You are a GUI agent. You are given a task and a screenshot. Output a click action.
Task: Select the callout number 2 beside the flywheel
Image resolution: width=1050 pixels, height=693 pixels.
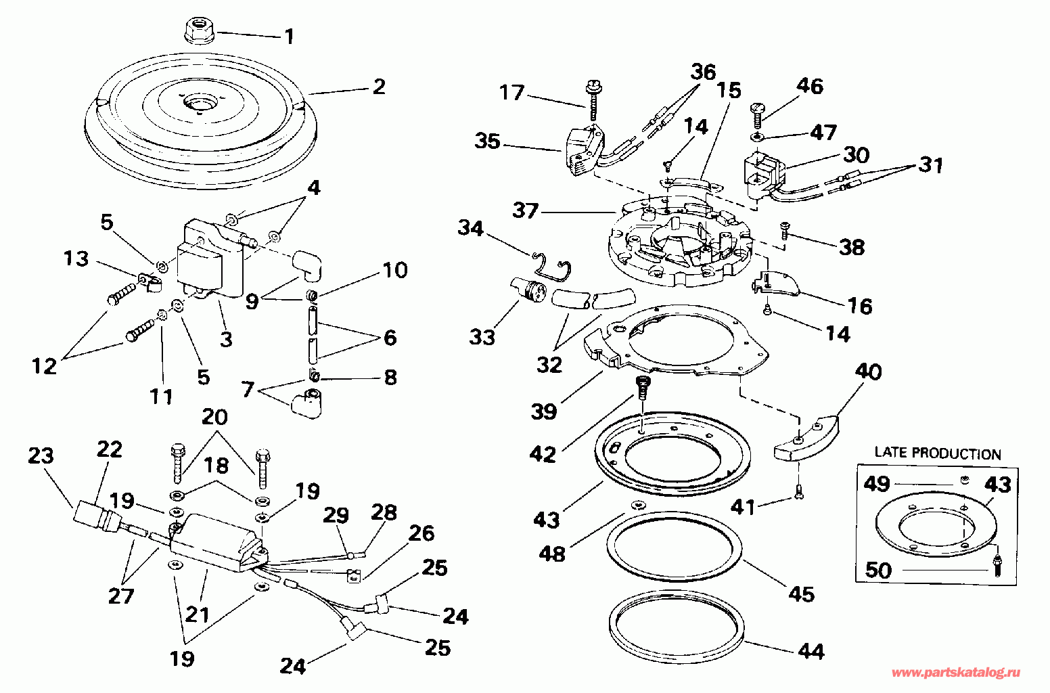click(378, 87)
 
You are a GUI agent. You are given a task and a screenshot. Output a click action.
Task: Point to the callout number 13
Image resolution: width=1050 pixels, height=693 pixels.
click(76, 259)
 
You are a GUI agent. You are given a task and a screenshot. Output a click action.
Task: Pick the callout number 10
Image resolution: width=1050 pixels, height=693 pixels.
click(395, 271)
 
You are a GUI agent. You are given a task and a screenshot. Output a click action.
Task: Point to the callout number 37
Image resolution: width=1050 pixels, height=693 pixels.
click(525, 211)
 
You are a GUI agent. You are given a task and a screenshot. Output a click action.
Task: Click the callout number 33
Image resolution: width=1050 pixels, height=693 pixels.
click(482, 336)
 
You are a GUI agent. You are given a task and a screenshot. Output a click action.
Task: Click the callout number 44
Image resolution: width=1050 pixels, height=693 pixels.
click(811, 651)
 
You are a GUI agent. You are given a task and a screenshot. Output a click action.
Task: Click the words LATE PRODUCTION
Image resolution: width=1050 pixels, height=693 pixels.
click(938, 453)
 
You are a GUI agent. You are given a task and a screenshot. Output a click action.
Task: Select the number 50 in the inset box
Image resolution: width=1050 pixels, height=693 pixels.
click(879, 570)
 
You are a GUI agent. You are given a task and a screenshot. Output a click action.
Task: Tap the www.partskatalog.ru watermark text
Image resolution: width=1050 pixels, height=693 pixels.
click(956, 673)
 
